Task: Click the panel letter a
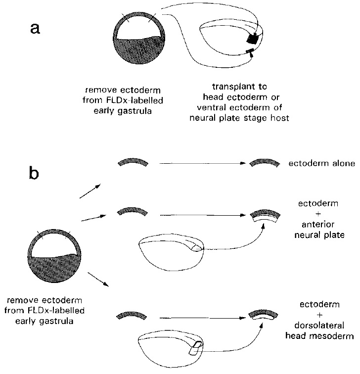point(36,29)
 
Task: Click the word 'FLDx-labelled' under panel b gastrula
point(57,310)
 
